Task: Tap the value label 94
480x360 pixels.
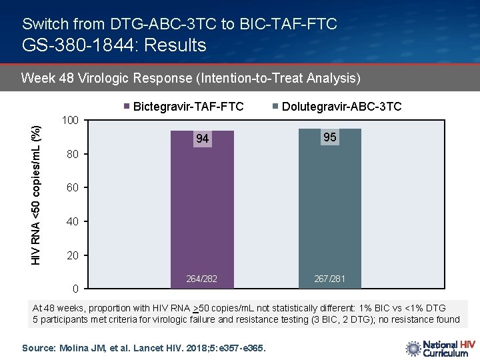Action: coord(202,139)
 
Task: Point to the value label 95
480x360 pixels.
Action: coord(329,137)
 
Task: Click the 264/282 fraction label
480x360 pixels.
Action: coord(202,278)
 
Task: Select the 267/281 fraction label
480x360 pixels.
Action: coord(329,278)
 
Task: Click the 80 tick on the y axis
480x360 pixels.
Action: coord(73,155)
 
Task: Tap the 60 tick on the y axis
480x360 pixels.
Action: coord(73,188)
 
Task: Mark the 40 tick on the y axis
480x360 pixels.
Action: coord(73,222)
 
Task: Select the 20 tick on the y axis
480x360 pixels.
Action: coord(73,256)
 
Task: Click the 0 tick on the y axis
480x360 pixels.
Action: coord(76,289)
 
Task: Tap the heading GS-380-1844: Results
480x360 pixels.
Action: coord(114,45)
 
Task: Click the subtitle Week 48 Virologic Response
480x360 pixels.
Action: coord(191,79)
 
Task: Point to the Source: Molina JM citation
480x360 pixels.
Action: coord(144,348)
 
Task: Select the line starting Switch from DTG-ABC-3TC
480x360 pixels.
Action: coord(179,24)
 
